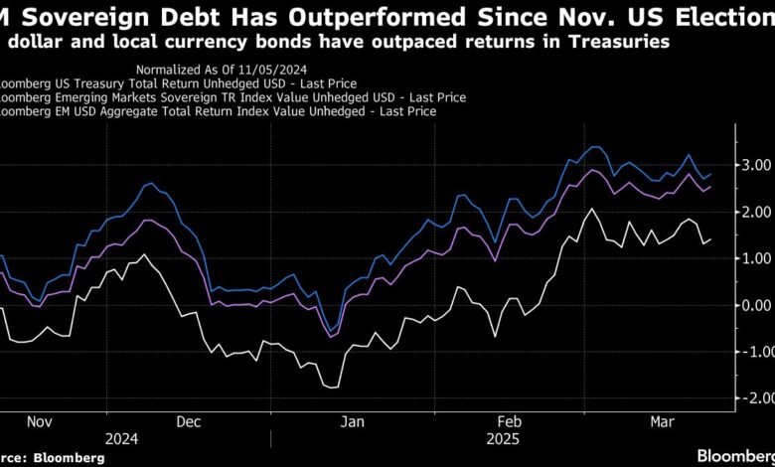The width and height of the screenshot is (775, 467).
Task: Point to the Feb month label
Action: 508,420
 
